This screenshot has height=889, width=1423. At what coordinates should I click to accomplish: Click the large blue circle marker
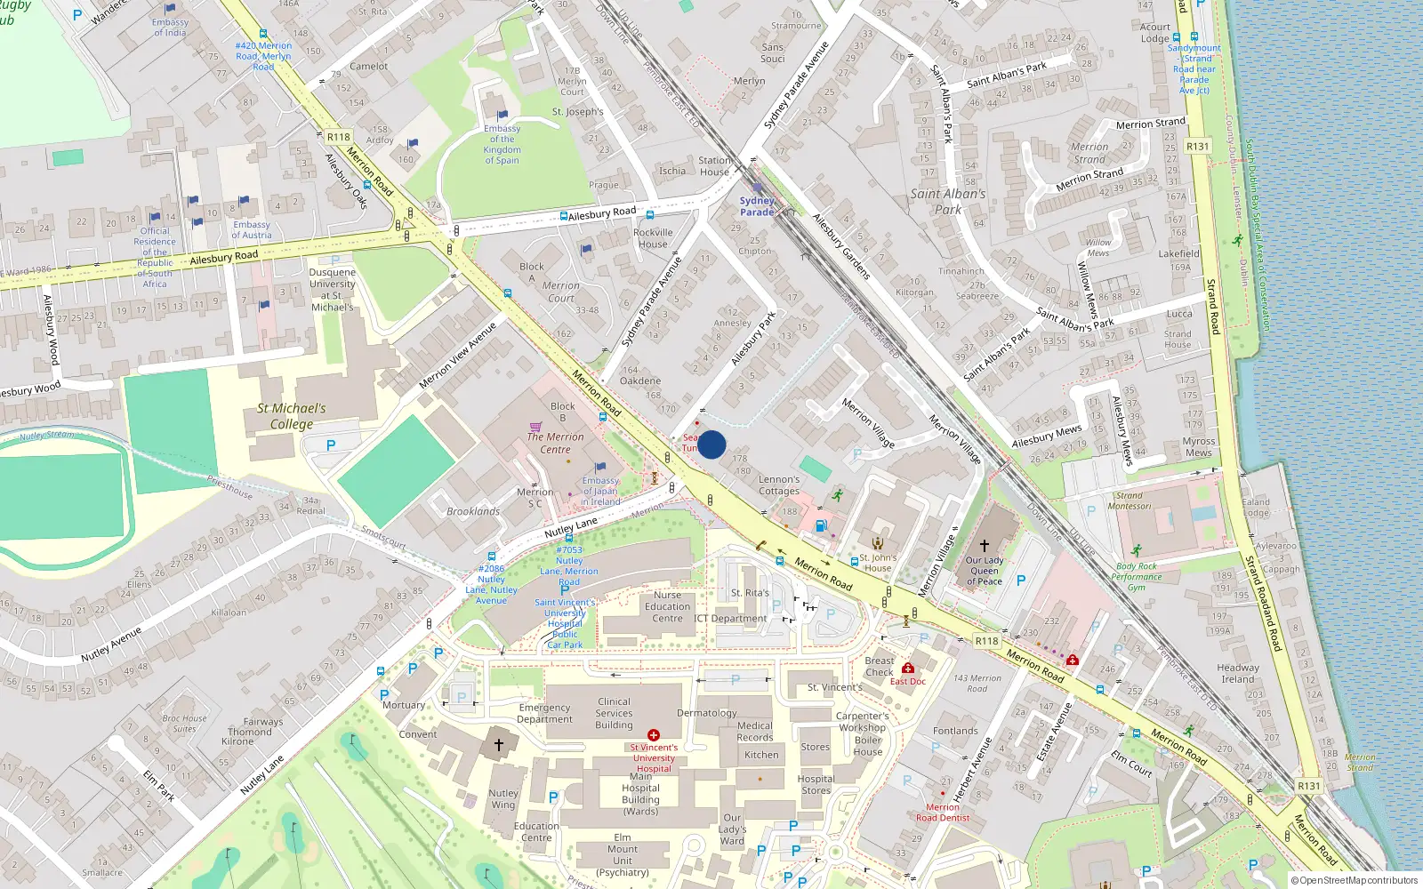(711, 444)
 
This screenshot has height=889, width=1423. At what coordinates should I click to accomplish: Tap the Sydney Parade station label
(757, 206)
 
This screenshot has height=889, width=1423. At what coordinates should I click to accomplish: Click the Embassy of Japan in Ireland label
(600, 491)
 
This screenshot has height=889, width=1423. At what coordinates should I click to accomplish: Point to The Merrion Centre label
(555, 443)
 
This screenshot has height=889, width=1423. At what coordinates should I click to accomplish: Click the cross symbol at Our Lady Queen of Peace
(985, 545)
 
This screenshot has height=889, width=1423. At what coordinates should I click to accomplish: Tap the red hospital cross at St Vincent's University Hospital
(654, 735)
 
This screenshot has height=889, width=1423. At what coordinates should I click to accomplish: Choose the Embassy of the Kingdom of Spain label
(502, 144)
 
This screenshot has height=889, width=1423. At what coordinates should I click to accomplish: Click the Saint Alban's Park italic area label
(948, 201)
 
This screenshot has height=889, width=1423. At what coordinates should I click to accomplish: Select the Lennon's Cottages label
(779, 485)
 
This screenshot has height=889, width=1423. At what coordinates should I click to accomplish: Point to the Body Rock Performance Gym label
(1136, 577)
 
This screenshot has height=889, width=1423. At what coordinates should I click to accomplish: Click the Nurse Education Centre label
(667, 606)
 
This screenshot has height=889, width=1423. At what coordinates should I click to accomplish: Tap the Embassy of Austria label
(252, 229)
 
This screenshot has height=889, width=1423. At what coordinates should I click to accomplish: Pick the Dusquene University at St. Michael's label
(332, 290)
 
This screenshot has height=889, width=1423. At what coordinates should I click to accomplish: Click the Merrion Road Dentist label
(943, 813)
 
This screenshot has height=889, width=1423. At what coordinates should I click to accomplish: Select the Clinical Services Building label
(614, 713)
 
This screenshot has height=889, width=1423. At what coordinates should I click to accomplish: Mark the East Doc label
(908, 681)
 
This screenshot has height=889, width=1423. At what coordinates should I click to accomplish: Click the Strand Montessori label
(1130, 501)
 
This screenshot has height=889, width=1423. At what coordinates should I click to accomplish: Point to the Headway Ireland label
(1238, 673)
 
